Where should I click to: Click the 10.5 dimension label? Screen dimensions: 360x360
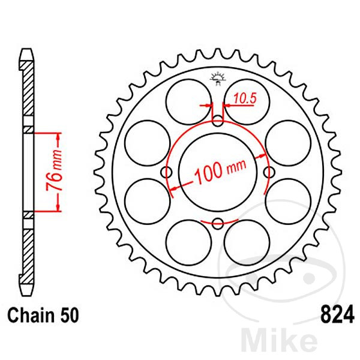coord(245,98)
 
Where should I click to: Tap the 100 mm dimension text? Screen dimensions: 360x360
coord(220,171)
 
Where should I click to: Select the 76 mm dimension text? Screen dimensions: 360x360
coord(55,171)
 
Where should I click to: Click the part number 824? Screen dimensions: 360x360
coord(337,314)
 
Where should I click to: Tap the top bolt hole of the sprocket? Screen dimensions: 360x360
coord(218,121)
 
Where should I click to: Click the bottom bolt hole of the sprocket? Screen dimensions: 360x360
coord(218,223)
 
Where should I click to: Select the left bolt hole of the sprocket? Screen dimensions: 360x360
coord(166,172)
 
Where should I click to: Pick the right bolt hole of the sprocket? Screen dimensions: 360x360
coord(269,172)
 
